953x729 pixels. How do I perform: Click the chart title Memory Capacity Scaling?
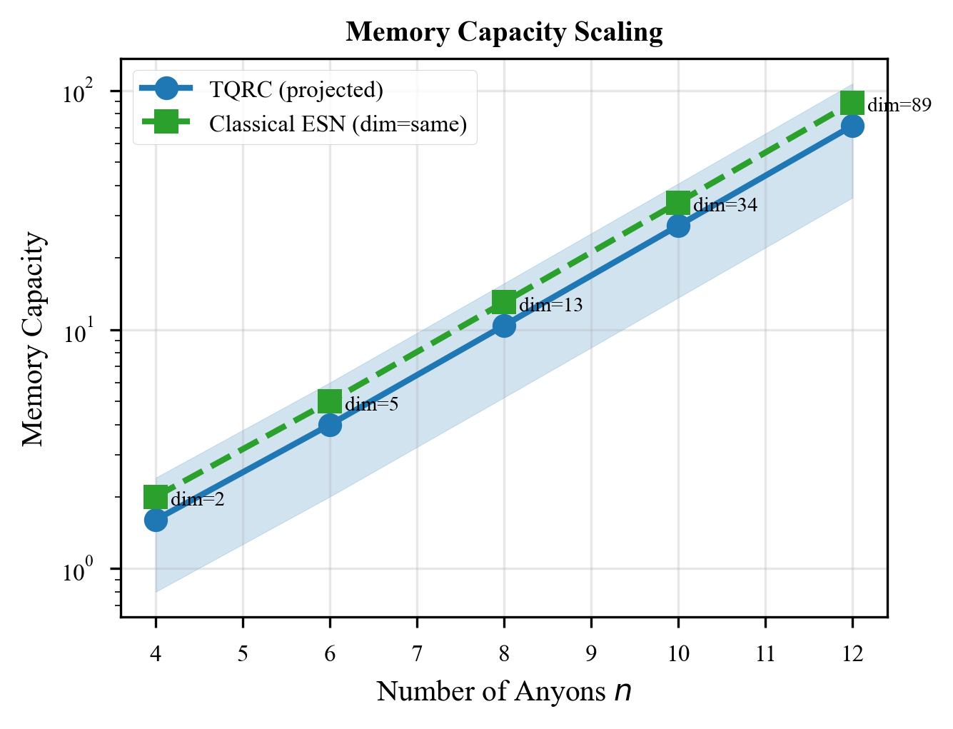[x=504, y=33]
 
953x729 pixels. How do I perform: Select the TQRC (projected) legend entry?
[x=296, y=89]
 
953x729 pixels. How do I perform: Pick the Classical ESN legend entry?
[x=338, y=124]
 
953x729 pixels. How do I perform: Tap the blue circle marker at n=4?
[x=156, y=520]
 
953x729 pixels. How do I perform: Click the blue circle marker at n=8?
[x=504, y=326]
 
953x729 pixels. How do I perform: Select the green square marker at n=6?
[x=330, y=401]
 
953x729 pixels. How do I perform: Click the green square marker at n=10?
[x=678, y=203]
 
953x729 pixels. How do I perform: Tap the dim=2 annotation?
[x=198, y=500]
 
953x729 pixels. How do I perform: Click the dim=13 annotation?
[x=550, y=306]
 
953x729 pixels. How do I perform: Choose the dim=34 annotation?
[x=725, y=206]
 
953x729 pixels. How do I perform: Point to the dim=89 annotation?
[x=899, y=106]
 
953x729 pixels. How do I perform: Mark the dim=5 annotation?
[x=372, y=405]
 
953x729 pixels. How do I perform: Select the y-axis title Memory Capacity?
[x=34, y=339]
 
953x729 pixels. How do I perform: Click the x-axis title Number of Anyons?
[x=504, y=691]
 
